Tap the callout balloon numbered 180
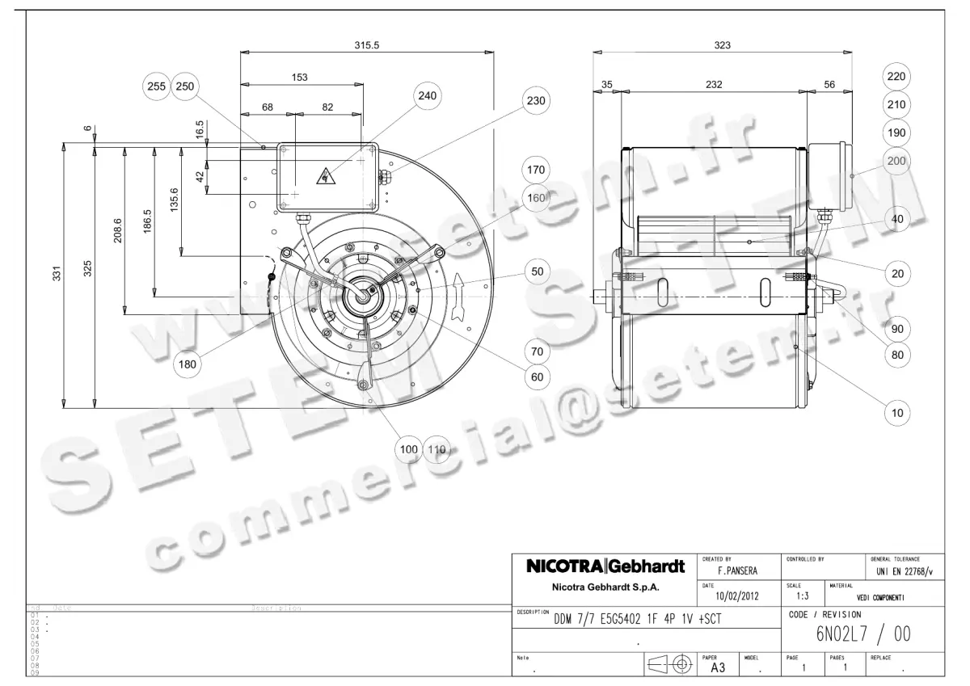point(188,364)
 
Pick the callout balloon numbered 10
point(897,413)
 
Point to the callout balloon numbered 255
point(157,86)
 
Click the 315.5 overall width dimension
point(366,45)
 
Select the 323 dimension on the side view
point(722,45)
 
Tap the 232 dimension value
point(713,84)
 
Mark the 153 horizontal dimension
point(300,77)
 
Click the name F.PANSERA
point(731,571)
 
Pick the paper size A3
point(717,669)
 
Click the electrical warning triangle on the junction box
point(325,173)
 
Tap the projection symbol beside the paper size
point(670,665)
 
